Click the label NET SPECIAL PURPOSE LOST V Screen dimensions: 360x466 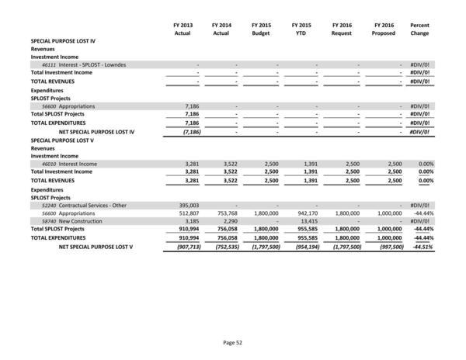(96, 247)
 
